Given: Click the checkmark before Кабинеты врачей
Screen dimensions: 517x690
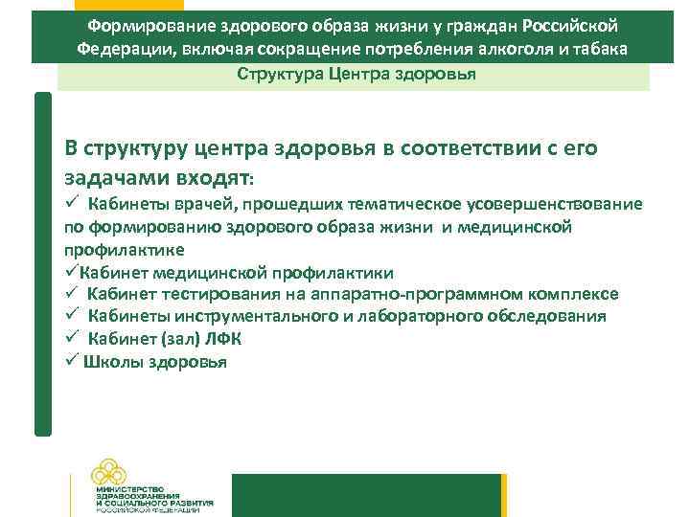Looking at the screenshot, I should point(71,203).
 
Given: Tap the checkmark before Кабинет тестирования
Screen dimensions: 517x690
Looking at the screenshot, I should point(71,294).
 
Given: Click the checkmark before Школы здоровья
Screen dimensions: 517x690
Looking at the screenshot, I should point(71,362).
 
